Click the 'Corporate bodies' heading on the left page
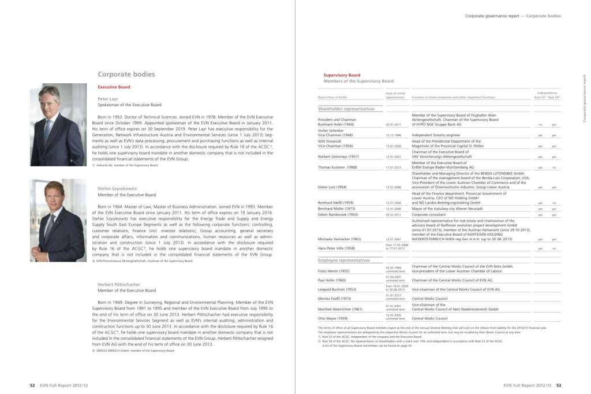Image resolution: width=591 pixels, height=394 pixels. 126,75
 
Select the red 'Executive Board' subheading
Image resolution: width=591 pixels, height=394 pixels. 114,87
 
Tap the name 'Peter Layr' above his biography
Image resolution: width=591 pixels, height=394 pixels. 109,99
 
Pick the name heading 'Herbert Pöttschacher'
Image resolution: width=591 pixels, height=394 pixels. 122,284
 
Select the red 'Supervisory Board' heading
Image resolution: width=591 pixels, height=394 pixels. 342,75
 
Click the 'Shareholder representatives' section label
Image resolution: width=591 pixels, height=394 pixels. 346,109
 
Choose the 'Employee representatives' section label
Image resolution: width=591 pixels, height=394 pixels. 344,261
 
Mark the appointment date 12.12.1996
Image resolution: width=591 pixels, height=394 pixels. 394,135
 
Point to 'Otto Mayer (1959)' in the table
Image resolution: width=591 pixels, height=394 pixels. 332,318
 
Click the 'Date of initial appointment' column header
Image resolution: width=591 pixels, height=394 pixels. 395,95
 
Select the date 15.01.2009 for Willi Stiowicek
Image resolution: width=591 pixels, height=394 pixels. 394,146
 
